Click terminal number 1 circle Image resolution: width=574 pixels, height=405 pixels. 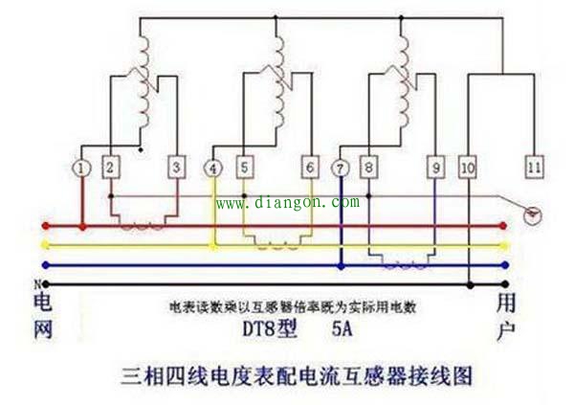pos(82,168)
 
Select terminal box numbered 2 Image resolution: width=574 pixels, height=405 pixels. pos(109,168)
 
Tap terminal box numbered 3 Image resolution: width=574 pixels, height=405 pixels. pos(176,168)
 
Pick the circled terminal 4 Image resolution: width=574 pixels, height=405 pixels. pos(212,168)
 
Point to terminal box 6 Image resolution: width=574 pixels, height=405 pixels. pos(310,168)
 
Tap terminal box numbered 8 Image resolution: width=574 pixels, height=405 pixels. pos(368,168)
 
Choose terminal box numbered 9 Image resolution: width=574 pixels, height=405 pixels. pos(435,168)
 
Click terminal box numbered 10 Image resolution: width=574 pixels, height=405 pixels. pos(468,168)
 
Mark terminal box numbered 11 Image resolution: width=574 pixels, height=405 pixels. pos(534,168)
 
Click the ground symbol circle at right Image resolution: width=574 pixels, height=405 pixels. pos(535,217)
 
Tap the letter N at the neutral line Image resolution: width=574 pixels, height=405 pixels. pos(37,284)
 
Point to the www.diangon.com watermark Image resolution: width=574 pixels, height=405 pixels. pos(287,203)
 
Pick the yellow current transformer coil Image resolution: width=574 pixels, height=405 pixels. pos(278,239)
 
